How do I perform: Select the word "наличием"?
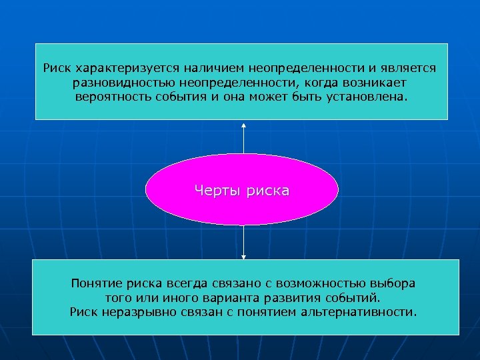pos(208,68)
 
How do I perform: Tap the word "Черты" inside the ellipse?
pos(217,191)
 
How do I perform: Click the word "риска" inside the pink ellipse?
pos(268,191)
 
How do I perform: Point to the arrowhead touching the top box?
pos(244,125)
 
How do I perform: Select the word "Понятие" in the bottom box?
pos(97,283)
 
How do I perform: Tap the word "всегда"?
pos(187,283)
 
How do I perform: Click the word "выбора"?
pos(393,283)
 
